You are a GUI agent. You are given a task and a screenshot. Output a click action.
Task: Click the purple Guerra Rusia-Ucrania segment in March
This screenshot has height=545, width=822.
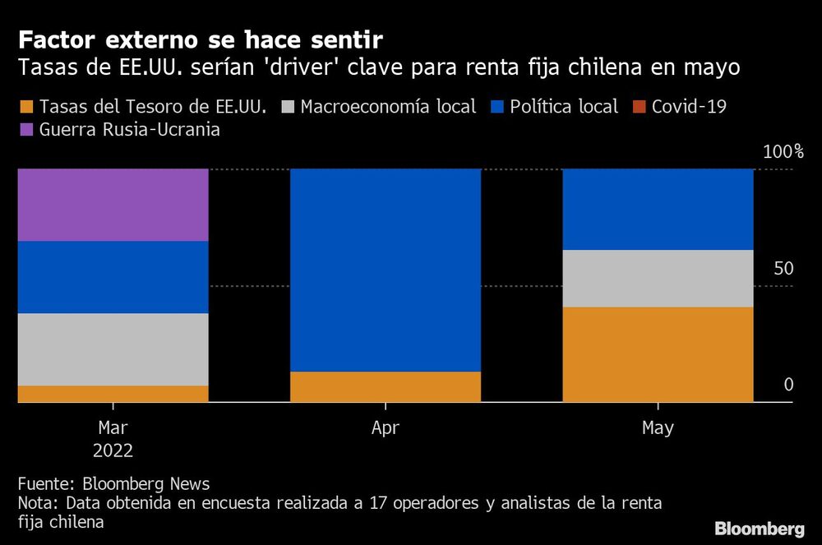point(113,205)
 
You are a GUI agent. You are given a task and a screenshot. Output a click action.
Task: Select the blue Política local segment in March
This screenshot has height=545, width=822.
point(113,277)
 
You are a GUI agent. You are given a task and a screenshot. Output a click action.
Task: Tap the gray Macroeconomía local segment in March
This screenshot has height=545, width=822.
point(113,349)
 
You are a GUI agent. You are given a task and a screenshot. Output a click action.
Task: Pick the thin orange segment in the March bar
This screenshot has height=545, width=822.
point(113,394)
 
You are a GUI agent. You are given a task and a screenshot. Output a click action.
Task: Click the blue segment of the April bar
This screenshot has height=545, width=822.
point(386,270)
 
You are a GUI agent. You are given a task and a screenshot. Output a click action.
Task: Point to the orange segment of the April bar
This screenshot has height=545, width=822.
point(386,387)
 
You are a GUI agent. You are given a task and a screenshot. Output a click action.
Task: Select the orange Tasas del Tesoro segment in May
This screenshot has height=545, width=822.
point(658,354)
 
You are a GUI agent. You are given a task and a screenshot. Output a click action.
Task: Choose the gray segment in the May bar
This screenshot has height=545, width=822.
point(658,279)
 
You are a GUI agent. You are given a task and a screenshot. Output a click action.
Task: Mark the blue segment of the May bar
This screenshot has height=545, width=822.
point(658,209)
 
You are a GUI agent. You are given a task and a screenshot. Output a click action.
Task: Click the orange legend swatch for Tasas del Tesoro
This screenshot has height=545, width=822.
point(25,107)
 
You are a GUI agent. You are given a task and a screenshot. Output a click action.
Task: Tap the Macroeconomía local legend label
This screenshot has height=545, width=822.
point(388,107)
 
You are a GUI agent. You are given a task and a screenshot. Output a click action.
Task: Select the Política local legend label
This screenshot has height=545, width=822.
point(563,107)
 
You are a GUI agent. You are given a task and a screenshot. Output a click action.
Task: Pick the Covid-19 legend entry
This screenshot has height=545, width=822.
point(688,107)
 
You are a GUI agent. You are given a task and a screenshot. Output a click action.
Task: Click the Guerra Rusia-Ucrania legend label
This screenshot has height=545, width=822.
point(129,130)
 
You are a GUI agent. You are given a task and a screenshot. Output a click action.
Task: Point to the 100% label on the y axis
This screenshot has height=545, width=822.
point(783,152)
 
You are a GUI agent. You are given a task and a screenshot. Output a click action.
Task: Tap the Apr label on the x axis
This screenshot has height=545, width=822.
point(386,428)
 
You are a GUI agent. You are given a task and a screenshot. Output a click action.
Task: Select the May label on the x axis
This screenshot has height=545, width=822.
point(658,428)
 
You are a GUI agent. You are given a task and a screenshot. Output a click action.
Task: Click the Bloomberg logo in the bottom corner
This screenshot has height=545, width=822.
point(759,527)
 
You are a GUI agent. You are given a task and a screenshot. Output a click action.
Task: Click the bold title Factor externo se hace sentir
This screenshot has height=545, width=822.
point(201,39)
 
